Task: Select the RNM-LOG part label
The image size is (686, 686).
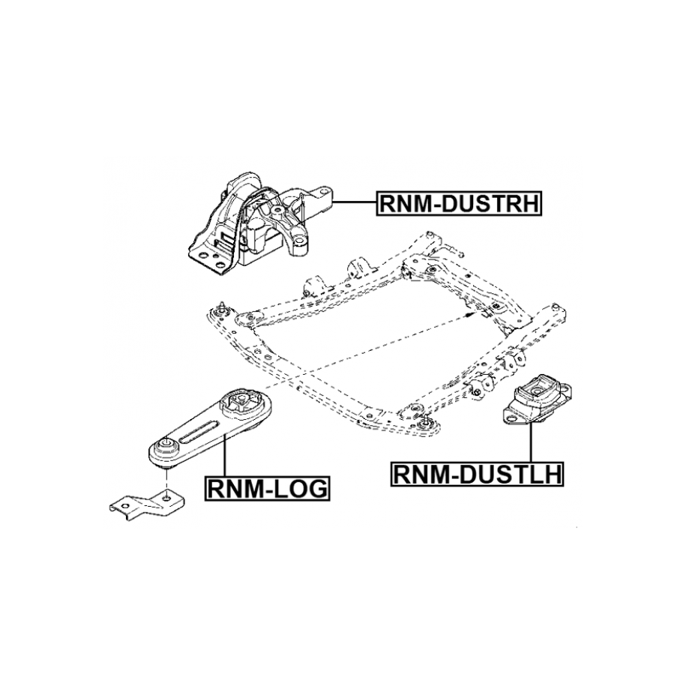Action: (265, 490)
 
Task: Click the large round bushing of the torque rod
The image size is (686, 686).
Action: (245, 406)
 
